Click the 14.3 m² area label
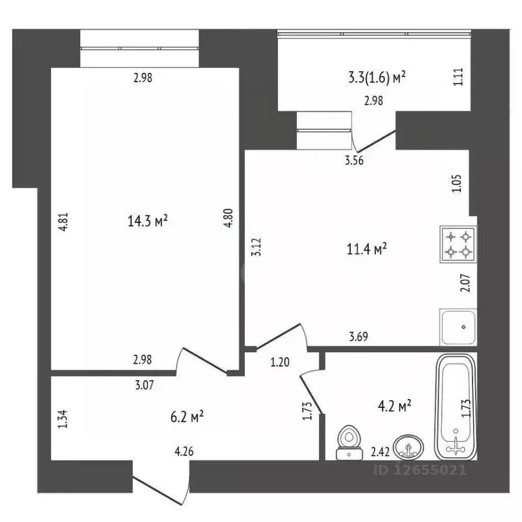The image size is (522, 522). (147, 221)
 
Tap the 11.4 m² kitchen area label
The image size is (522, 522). (366, 249)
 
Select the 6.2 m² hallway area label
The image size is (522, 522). (187, 417)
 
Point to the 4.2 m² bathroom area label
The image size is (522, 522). (395, 406)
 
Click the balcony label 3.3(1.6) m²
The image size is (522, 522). (377, 77)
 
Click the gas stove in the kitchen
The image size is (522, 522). (458, 245)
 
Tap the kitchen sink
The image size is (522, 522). (458, 327)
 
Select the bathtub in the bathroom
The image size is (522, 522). (456, 407)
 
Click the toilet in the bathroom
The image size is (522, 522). (349, 442)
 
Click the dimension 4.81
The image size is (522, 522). (63, 222)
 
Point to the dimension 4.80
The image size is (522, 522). (228, 217)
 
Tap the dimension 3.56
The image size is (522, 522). (354, 160)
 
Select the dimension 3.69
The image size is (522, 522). (359, 336)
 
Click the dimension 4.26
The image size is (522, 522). (184, 451)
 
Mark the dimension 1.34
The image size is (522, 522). (63, 419)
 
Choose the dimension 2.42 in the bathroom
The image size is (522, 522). (380, 452)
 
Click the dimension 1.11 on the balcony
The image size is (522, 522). (458, 77)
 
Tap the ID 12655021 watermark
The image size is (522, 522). (420, 470)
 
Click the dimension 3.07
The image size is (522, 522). (145, 385)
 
